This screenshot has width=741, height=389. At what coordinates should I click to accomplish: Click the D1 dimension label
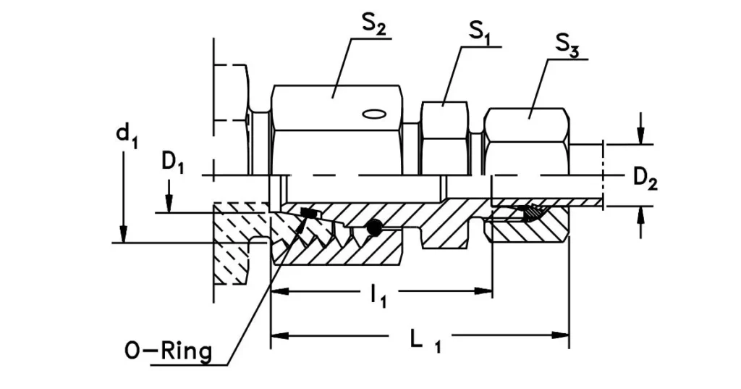tap(170, 164)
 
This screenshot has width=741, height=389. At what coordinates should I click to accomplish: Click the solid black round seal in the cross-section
tap(373, 227)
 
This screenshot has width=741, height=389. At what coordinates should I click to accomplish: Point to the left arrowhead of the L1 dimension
tap(278, 335)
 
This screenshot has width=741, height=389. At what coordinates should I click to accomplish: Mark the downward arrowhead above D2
tap(640, 137)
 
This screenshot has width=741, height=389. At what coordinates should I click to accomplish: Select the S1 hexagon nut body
tap(444, 138)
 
